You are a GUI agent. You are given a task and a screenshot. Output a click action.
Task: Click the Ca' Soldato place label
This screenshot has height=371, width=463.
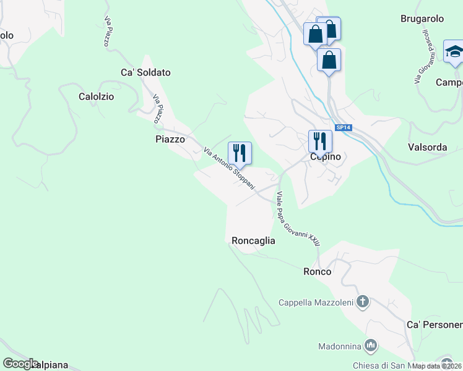(x=145, y=72)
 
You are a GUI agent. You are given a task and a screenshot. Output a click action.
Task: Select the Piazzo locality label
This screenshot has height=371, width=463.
(x=170, y=140)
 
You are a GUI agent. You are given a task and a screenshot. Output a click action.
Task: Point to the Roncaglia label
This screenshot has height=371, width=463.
(x=253, y=241)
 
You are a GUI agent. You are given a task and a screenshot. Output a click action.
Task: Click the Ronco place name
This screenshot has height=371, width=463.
(x=317, y=271)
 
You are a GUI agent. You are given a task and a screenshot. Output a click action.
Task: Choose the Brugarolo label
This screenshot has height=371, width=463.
(x=422, y=19)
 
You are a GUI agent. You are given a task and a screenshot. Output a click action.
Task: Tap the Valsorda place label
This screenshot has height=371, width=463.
(x=427, y=147)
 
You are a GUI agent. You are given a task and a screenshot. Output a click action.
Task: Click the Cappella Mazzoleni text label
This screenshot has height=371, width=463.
(x=316, y=302)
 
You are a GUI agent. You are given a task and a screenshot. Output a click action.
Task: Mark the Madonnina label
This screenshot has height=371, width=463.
(x=341, y=346)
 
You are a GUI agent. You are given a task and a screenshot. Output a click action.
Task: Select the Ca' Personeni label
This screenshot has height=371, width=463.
(x=435, y=325)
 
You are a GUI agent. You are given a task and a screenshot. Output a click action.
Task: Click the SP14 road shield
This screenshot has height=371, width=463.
(x=344, y=127)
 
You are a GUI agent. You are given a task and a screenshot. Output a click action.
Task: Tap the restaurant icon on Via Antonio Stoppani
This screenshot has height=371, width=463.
(x=240, y=152)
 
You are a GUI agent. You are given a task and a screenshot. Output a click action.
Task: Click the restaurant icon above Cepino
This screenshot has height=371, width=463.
(x=320, y=140)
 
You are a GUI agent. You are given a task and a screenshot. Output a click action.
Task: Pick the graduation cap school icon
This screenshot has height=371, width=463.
(x=454, y=51)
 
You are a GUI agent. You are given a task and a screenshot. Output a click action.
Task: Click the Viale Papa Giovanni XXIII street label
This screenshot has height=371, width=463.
(x=298, y=220)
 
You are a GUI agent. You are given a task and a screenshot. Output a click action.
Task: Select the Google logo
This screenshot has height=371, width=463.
(x=20, y=364)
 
